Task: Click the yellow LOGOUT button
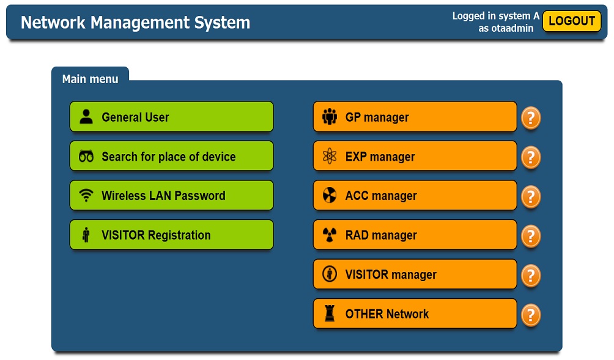pyautogui.click(x=572, y=21)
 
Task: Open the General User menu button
pyautogui.click(x=171, y=117)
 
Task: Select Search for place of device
pyautogui.click(x=171, y=156)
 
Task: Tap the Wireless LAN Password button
pyautogui.click(x=171, y=195)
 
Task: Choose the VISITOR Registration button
pyautogui.click(x=171, y=235)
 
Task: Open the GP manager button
pyautogui.click(x=415, y=117)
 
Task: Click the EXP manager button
pyautogui.click(x=415, y=156)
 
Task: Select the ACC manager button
pyautogui.click(x=415, y=195)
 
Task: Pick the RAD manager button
pyautogui.click(x=415, y=235)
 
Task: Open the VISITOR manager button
pyautogui.click(x=415, y=274)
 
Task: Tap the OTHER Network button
pyautogui.click(x=415, y=314)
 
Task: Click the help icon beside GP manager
pyautogui.click(x=531, y=117)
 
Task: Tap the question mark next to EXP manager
pyautogui.click(x=531, y=157)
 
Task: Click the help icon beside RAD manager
pyautogui.click(x=531, y=236)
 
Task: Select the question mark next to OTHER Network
pyautogui.click(x=531, y=315)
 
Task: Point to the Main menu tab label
pyautogui.click(x=90, y=79)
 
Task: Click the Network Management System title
pyautogui.click(x=136, y=23)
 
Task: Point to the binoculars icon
pyautogui.click(x=86, y=156)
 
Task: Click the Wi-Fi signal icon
pyautogui.click(x=86, y=195)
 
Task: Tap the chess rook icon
pyautogui.click(x=330, y=314)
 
